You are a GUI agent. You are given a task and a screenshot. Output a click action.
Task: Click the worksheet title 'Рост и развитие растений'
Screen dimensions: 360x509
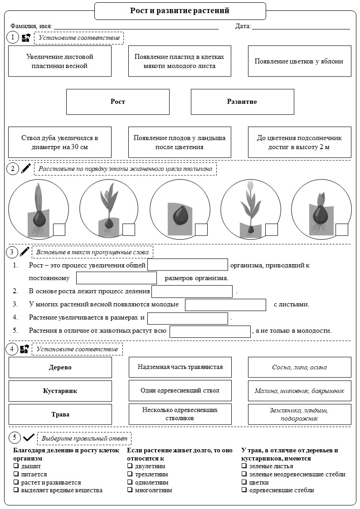180,11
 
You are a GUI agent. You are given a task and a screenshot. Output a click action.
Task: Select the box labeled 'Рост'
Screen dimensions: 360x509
118,102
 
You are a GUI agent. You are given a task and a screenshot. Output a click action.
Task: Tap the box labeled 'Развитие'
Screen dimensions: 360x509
242,102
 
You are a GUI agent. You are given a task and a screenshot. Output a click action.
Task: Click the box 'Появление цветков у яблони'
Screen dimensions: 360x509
299,61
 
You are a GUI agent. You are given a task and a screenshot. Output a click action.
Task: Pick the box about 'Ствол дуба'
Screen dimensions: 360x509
60,142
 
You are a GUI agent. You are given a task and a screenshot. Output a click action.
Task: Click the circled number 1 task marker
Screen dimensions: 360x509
13,37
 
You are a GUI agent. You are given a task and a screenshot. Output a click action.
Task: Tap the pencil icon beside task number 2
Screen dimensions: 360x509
26,168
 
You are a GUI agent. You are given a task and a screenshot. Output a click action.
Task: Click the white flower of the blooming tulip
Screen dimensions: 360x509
250,185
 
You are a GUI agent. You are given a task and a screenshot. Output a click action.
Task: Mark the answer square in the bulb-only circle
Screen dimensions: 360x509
201,229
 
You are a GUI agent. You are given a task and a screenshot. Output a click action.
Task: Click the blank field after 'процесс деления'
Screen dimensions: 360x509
192,291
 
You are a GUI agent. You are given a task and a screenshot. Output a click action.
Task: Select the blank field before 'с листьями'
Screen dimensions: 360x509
226,305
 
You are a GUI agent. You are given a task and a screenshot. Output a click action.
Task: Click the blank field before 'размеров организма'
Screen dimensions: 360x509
117,278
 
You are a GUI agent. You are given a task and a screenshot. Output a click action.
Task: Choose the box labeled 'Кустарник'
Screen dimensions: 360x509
60,391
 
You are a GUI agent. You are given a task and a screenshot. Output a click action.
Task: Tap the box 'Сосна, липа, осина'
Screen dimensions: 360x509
299,367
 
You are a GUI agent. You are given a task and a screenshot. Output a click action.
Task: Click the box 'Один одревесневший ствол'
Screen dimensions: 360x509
180,391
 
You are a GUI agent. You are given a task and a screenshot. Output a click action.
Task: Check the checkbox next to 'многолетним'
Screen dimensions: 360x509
130,490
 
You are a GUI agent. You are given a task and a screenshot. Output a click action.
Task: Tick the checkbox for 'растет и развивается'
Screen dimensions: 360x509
16,482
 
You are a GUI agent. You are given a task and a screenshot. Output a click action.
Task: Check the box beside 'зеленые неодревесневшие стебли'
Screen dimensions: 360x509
244,474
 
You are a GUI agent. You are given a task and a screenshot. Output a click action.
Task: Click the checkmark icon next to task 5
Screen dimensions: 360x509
29,438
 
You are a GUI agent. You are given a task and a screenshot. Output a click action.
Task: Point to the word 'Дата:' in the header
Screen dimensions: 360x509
243,26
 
